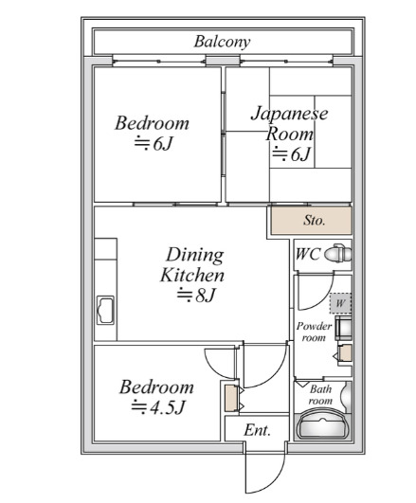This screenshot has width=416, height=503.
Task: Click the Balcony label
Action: [222, 42]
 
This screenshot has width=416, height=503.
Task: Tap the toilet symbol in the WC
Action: [337, 254]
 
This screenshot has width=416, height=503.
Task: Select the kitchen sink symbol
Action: [105, 310]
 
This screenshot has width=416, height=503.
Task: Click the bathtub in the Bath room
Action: [322, 425]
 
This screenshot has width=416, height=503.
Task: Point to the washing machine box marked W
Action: [340, 303]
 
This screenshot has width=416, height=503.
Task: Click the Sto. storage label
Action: [315, 221]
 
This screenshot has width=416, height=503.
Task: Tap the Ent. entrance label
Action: [257, 430]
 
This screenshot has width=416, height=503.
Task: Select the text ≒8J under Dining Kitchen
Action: [196, 296]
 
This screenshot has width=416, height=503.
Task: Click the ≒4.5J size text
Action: [158, 407]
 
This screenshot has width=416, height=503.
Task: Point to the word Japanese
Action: [289, 114]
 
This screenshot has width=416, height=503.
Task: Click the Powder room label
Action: [314, 332]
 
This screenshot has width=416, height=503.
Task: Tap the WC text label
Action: [308, 254]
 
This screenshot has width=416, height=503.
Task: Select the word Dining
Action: [195, 256]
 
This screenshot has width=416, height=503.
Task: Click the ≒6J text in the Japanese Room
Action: [292, 154]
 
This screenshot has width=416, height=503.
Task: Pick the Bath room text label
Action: [320, 395]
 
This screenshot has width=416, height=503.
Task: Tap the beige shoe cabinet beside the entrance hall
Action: [230, 398]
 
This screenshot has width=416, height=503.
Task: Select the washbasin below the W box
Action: [343, 328]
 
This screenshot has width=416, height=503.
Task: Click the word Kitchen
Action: [192, 276]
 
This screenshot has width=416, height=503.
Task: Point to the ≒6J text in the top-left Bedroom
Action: [154, 143]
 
